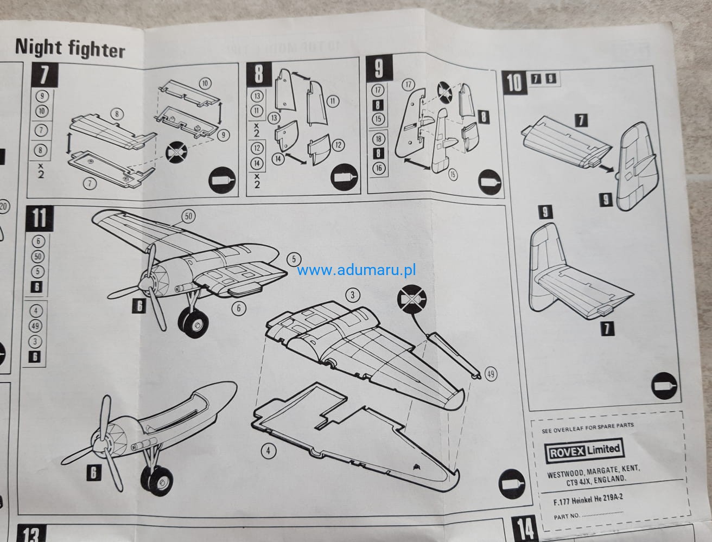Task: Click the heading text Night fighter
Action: (69, 49)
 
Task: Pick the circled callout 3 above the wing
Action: (353, 295)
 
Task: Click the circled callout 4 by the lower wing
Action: (266, 450)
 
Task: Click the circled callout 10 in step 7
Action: (205, 84)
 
